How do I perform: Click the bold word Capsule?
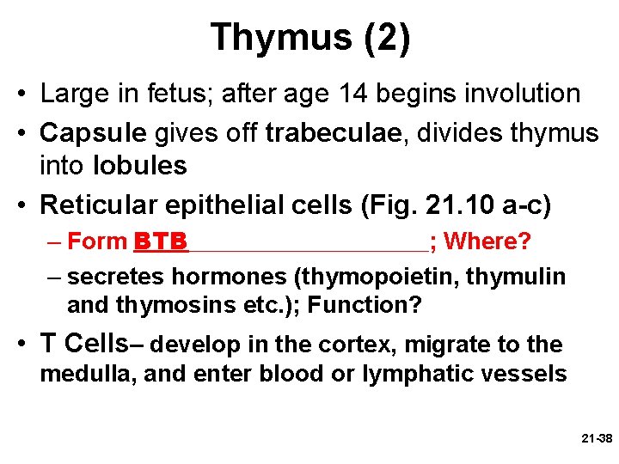coord(95,133)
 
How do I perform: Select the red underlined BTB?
coord(161,241)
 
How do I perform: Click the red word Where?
coord(487,241)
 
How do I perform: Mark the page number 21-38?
coord(596,438)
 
